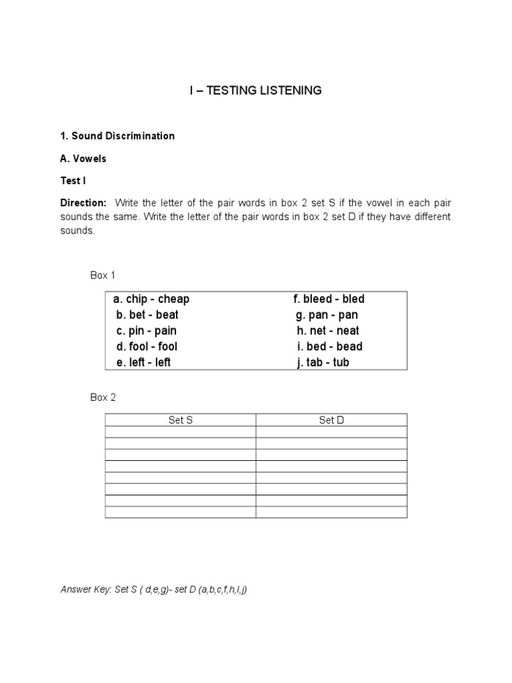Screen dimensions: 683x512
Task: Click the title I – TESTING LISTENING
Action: pyautogui.click(x=255, y=90)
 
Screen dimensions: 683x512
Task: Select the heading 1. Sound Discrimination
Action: pyautogui.click(x=117, y=136)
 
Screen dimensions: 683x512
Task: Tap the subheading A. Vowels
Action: pyautogui.click(x=83, y=159)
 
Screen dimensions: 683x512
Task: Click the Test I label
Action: pyautogui.click(x=73, y=181)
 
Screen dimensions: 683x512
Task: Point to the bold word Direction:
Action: pyautogui.click(x=83, y=202)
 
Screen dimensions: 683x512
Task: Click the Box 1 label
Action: pyautogui.click(x=103, y=275)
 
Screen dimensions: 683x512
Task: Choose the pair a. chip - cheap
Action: pyautogui.click(x=151, y=299)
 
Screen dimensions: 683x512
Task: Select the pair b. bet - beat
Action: pyautogui.click(x=147, y=315)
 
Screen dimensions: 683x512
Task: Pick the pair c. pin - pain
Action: pyautogui.click(x=146, y=331)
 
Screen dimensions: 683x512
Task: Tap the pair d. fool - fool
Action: pyautogui.click(x=147, y=347)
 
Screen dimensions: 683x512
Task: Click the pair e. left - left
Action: pyautogui.click(x=143, y=363)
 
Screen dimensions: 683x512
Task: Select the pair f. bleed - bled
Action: pyautogui.click(x=329, y=299)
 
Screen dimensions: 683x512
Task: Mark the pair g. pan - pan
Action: pyautogui.click(x=327, y=315)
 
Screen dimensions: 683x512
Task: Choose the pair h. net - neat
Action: pyautogui.click(x=328, y=331)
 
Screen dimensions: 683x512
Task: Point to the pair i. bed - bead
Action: pyautogui.click(x=330, y=347)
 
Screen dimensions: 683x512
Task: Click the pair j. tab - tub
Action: pyautogui.click(x=323, y=363)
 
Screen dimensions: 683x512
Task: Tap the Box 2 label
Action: pyautogui.click(x=103, y=398)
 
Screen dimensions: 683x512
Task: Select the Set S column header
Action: pyautogui.click(x=181, y=420)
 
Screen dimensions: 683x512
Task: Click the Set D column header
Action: pyautogui.click(x=331, y=420)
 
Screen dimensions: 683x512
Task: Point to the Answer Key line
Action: pyautogui.click(x=154, y=590)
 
